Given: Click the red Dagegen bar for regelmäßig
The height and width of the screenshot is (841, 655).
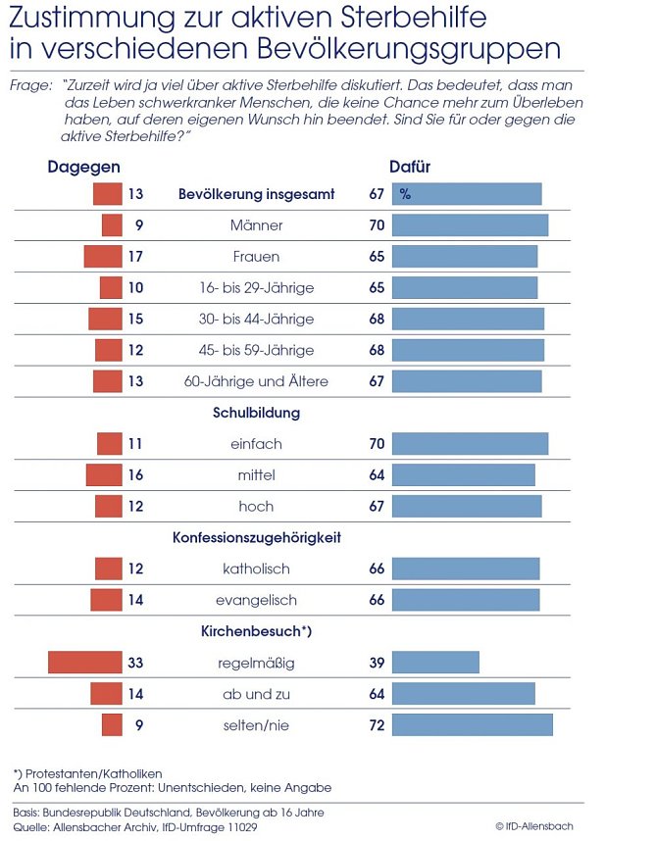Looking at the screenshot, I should pos(85,663).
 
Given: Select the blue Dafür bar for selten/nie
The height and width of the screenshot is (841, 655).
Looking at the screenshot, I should pos(472,725).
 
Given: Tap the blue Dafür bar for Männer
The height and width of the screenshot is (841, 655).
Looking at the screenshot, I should pos(470,225).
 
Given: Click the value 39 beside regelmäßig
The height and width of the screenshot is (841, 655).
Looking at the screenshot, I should pos(377,664).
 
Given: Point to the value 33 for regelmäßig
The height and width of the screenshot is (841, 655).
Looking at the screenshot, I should pos(135,664).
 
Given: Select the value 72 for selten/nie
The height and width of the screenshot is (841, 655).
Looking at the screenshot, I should pos(377,725).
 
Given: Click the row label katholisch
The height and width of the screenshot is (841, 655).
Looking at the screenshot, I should pos(256,569).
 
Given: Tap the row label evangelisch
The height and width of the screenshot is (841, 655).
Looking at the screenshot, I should pos(256,600).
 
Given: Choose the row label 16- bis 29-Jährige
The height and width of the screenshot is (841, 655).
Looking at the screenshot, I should pos(256,288).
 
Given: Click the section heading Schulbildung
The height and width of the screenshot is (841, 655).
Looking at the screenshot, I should pos(256,413).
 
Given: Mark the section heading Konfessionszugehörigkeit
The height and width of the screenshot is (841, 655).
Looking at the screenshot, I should pos(256,538).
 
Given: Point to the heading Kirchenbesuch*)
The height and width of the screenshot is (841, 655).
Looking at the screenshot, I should pos(256,632).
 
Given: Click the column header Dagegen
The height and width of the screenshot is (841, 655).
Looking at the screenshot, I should pos(84,168).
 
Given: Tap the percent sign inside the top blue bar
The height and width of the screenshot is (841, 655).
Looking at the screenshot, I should pos(405,195).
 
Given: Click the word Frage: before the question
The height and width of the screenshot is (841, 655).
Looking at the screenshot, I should pos(29,86).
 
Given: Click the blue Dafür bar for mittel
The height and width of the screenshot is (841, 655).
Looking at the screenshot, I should pos(464,475).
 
